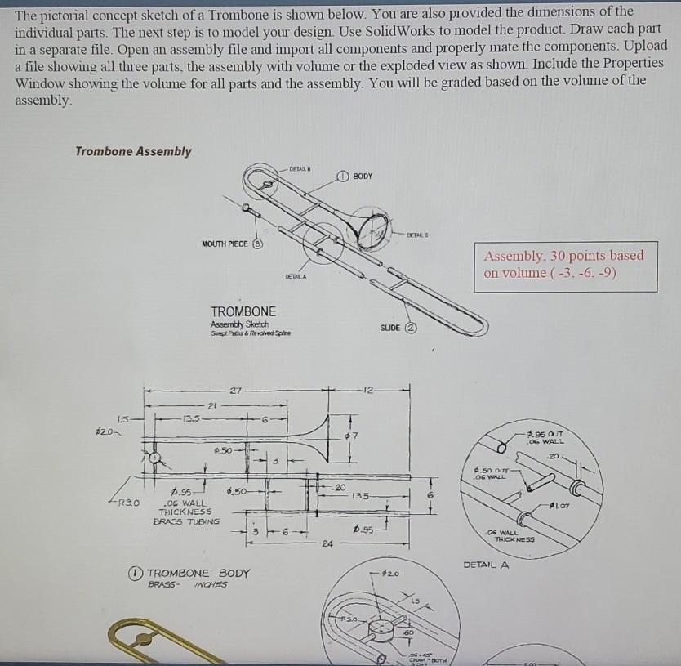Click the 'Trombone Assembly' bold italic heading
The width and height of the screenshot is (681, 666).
(x=133, y=151)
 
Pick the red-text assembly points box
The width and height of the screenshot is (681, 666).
(x=563, y=264)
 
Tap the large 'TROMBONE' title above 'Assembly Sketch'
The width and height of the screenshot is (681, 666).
(x=243, y=311)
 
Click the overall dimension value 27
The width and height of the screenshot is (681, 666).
(x=235, y=391)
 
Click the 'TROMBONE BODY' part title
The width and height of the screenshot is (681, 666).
(x=199, y=573)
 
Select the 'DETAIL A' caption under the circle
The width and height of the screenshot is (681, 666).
(x=486, y=565)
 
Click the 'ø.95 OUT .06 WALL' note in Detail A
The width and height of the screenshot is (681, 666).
(x=545, y=437)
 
